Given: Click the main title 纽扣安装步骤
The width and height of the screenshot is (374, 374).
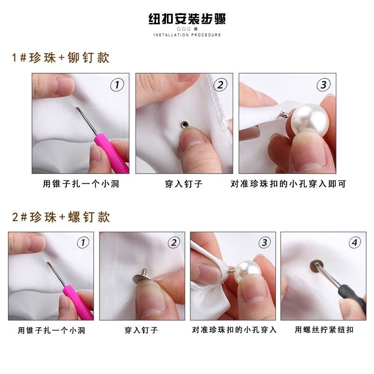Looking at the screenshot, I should pos(187,20).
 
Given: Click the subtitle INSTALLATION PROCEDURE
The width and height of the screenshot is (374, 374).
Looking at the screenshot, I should pos(187,35).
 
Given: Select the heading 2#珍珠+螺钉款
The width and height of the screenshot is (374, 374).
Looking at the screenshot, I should pos(61,217).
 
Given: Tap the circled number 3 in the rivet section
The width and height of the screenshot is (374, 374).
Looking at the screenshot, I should pos(323,85).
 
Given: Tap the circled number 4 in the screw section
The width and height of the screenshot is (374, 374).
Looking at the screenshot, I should pos(355,242).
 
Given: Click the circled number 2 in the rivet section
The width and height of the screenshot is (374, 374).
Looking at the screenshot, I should pos(220,85).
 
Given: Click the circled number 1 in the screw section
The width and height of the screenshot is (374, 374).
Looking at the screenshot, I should pos(82,242).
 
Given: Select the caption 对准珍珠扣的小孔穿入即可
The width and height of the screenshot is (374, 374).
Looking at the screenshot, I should pos(288,184).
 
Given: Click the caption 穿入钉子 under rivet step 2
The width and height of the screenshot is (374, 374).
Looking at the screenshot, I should pos(184,184).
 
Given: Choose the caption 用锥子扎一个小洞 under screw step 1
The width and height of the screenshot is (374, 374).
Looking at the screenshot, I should pos(51,330).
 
